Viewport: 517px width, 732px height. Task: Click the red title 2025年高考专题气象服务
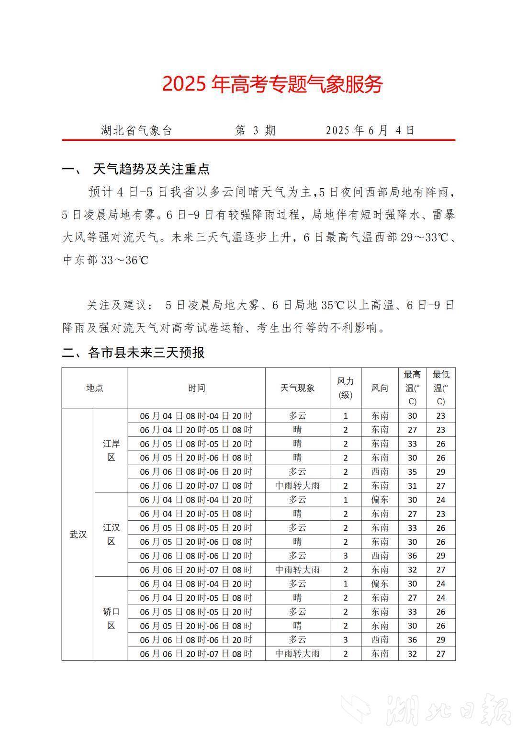tap(272, 84)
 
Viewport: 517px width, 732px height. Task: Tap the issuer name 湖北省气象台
tap(136, 130)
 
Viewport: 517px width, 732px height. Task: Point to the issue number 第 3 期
tap(256, 130)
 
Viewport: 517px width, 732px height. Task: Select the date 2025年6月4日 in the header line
tap(370, 130)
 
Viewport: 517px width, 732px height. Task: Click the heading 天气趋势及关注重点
tap(151, 169)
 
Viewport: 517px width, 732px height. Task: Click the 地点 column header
tap(95, 388)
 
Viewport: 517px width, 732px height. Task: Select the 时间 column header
tap(196, 388)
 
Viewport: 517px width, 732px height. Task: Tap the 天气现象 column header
tap(297, 388)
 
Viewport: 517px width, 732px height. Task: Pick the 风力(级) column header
tap(345, 388)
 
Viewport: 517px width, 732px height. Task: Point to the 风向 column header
tap(380, 388)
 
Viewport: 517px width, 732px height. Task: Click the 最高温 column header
tap(412, 388)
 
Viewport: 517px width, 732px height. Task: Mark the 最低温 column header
tap(440, 388)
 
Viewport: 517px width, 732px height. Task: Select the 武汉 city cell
tap(78, 535)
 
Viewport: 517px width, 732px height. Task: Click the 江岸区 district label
tap(111, 450)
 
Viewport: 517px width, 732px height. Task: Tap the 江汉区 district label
tap(111, 535)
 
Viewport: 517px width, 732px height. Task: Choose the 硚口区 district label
tap(111, 618)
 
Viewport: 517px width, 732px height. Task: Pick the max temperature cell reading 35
tap(412, 472)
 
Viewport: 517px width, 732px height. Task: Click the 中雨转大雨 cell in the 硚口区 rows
tap(297, 653)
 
